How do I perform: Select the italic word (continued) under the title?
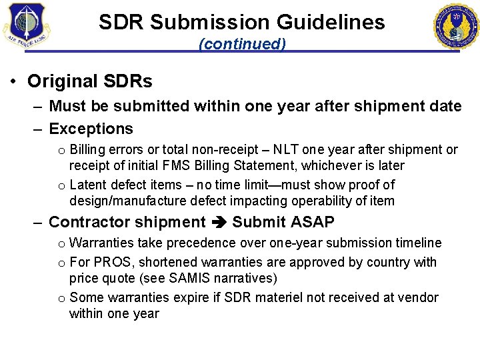tap(242, 44)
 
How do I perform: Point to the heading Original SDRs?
tap(89, 81)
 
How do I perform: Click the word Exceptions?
tap(91, 129)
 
